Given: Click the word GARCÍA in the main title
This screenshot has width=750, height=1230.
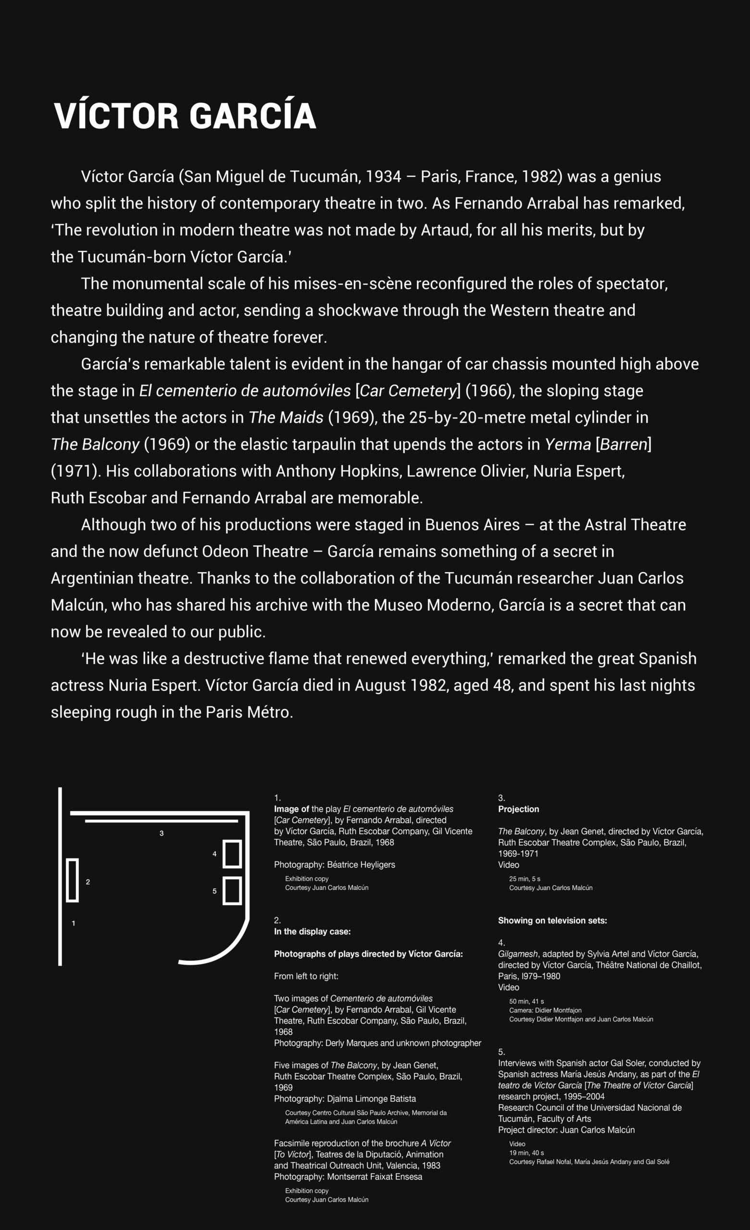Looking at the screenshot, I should coord(252,116).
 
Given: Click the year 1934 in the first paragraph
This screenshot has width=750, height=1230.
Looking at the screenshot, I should coord(383,177).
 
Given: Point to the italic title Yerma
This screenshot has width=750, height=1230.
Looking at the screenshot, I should coord(567,444).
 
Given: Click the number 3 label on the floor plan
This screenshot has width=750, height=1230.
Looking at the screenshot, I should coord(161,833).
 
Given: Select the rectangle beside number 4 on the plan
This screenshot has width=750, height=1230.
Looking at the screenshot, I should coord(232,854).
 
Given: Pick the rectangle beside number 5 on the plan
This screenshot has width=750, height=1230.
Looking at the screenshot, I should coord(232,891).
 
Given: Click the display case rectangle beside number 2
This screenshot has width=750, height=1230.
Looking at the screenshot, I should coord(73,880).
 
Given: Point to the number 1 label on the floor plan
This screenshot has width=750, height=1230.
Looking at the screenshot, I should coord(74,923).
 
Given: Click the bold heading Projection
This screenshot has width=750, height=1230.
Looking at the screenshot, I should coord(518,809).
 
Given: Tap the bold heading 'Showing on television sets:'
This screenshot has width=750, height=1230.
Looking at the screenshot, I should coord(552,921).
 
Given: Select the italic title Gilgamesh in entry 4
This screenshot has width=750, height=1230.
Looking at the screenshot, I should coord(518,954).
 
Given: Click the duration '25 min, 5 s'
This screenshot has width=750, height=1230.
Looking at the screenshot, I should coord(525,879).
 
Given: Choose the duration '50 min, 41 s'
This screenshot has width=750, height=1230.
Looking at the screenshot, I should coord(526,1001).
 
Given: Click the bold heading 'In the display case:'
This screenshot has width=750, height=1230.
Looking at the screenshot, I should coord(312,932).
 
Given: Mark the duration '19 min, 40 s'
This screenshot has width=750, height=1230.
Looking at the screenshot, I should coord(526,1153).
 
